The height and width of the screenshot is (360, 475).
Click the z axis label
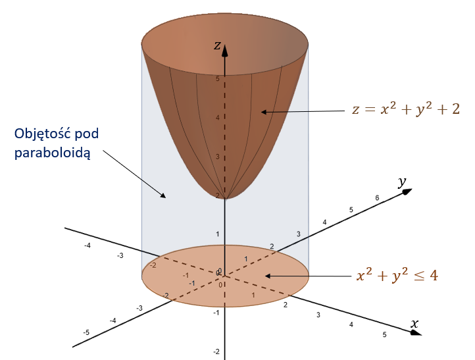(216, 45)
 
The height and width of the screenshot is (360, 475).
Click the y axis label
(401, 181)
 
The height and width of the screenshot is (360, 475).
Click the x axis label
(415, 323)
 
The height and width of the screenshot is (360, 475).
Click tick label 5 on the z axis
(218, 79)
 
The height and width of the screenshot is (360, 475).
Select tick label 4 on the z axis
(218, 118)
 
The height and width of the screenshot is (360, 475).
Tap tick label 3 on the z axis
(218, 157)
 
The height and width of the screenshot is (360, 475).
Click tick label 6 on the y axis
(377, 197)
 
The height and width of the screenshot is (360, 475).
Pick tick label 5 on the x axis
(385, 335)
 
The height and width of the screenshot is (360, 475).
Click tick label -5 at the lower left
(86, 333)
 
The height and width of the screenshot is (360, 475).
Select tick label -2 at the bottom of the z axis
(216, 351)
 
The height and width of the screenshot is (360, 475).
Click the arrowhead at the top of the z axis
(225, 48)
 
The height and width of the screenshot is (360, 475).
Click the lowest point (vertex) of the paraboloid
(225, 197)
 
